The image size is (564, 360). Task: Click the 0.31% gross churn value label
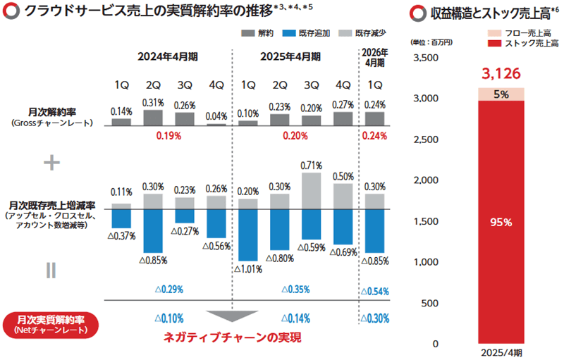pyautogui.click(x=153, y=103)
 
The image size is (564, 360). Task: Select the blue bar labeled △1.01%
pyautogui.click(x=247, y=235)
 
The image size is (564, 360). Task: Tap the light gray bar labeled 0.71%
pyautogui.click(x=312, y=191)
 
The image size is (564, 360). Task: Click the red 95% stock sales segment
pyautogui.click(x=503, y=222)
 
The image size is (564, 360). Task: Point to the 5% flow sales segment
pyautogui.click(x=503, y=94)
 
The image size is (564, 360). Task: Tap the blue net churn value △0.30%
pyautogui.click(x=374, y=318)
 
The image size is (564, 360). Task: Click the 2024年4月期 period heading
pyautogui.click(x=168, y=56)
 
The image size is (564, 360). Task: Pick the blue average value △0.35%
pyautogui.click(x=295, y=290)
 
